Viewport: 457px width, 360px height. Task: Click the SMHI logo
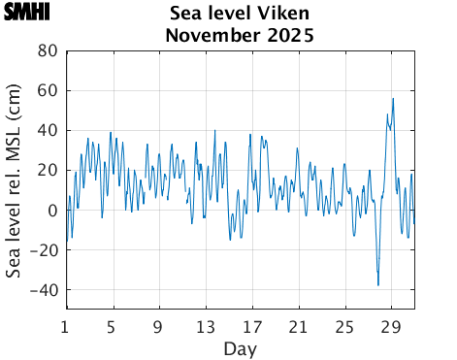coord(27,14)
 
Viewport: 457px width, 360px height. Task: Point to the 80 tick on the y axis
coord(47,50)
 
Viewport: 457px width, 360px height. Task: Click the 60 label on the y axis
coord(47,90)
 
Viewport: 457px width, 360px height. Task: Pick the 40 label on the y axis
coord(47,130)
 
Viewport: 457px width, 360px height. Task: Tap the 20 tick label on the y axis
coord(47,170)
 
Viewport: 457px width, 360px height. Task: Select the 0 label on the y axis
coord(52,210)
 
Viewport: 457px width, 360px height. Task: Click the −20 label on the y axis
coord(43,249)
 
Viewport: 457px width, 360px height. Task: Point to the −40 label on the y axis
coord(43,289)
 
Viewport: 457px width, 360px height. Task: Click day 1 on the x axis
coord(65,326)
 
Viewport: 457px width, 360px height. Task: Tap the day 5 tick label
coord(112,326)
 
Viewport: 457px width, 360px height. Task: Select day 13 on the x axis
coord(205,326)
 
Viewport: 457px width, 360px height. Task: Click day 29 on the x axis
coord(391,326)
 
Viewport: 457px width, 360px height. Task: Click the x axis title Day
coord(240,347)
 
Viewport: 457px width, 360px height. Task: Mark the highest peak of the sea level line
coord(393,98)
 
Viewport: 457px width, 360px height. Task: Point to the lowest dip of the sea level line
coord(378,285)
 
